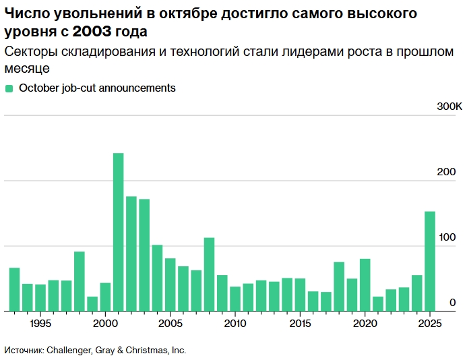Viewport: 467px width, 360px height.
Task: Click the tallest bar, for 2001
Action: [x=118, y=232]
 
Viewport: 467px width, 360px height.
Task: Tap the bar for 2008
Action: [x=209, y=274]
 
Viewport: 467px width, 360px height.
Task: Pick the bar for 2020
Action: [x=365, y=284]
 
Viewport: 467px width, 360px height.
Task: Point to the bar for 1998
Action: [x=80, y=281]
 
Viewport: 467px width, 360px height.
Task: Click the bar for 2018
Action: [x=339, y=287]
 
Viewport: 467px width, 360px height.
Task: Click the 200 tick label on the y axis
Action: [x=447, y=173]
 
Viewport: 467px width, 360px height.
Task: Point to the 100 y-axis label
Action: [x=447, y=238]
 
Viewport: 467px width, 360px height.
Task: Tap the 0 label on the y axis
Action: [x=453, y=303]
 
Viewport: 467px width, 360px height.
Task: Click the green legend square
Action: [x=9, y=88]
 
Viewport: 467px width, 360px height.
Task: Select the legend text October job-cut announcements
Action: [x=97, y=88]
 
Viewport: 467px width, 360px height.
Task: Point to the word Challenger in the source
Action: [x=73, y=350]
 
